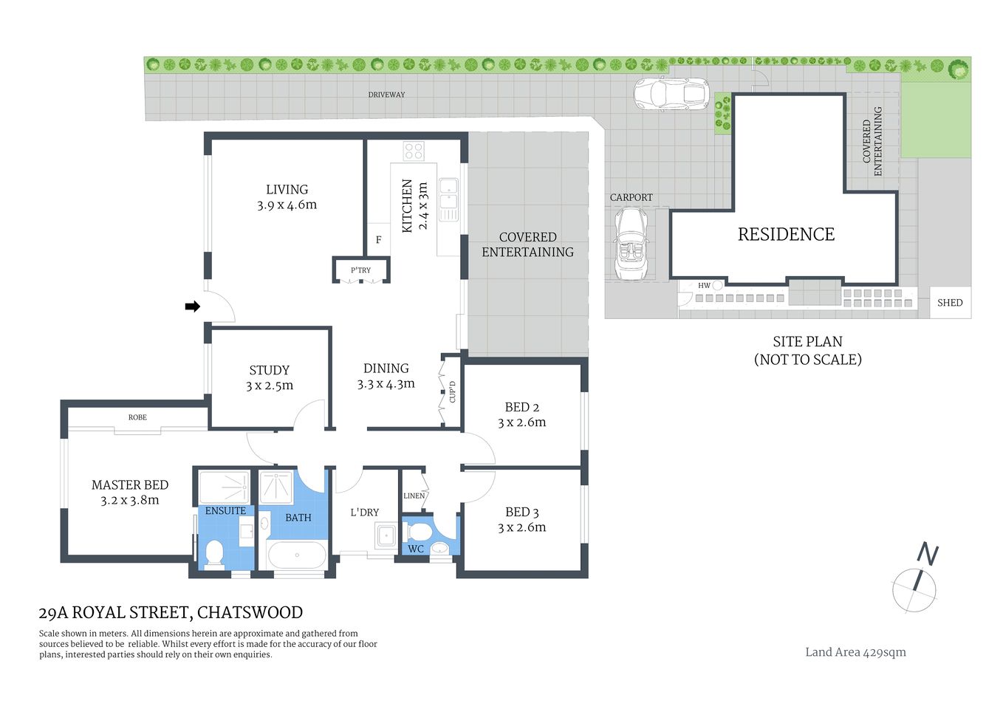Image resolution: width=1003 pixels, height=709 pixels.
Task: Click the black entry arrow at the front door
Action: coord(192,306)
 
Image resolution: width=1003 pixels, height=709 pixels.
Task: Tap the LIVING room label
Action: coord(287,190)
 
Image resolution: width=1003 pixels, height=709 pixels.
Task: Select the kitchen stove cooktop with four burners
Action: coord(414,151)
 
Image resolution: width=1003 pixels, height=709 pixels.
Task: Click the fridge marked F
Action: coord(378,239)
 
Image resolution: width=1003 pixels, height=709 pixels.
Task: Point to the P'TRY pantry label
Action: coord(360,270)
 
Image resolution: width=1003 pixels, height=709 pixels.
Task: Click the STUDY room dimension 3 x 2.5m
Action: coord(269,386)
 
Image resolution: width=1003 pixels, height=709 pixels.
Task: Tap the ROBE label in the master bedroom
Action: coord(137,417)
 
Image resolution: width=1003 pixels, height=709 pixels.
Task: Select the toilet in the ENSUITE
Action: coord(214,554)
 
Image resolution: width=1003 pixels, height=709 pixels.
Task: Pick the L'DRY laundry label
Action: coord(364,512)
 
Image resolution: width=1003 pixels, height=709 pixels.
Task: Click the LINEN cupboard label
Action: coord(414,496)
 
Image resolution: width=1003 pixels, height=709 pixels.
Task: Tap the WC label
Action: coord(416,549)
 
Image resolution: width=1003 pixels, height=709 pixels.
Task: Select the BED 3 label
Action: coord(521,512)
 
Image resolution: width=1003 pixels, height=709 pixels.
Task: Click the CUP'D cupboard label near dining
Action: coord(452,392)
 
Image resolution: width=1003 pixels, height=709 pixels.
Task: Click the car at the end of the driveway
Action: coord(671,94)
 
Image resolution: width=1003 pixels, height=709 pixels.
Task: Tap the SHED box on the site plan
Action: coord(950,303)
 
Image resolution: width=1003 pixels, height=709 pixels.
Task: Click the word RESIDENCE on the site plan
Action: coord(786,234)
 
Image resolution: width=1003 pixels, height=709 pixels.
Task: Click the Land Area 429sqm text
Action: coord(855,652)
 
